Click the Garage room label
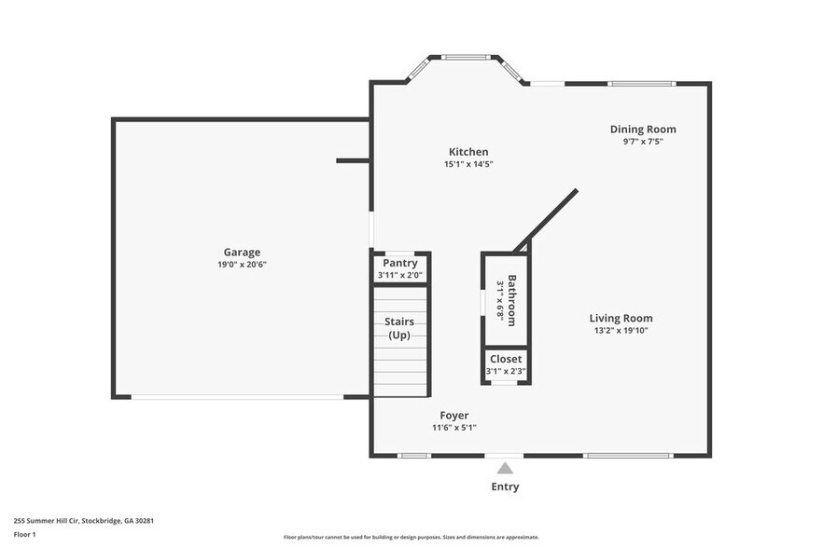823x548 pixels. point(242,252)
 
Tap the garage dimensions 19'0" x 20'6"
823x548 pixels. point(242,265)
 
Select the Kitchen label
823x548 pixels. point(467,152)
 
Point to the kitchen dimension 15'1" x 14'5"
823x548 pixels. point(467,165)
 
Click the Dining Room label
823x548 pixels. point(643,130)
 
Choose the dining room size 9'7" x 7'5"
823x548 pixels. point(643,142)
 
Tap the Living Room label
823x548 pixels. point(621,318)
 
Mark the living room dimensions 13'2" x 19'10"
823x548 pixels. point(621,331)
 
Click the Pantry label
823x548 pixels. point(399,263)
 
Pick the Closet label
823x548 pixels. point(506,359)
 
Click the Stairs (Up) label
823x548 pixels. point(399,328)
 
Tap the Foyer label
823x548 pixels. point(454,416)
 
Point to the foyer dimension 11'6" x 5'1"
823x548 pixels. point(454,429)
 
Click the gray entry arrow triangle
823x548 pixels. point(505,468)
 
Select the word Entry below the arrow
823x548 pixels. point(505,486)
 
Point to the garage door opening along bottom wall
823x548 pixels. point(237,397)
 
